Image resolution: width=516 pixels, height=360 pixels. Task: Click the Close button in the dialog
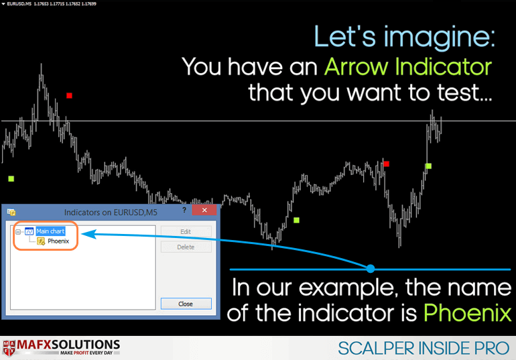pos(186,304)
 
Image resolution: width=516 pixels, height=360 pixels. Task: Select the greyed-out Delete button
pos(186,247)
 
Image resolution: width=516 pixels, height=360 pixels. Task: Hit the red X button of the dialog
pos(204,210)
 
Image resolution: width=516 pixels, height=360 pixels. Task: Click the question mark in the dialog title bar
pos(184,210)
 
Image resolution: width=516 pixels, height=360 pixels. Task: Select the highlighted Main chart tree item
pos(50,231)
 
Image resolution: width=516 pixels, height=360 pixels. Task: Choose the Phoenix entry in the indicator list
pos(58,241)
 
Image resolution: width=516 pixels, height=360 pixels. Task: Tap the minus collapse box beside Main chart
pos(18,232)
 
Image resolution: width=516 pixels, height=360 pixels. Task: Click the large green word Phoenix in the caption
pos(468,312)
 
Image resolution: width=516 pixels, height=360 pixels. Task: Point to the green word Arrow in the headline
pos(357,67)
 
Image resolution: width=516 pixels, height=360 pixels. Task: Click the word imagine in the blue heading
pos(440,37)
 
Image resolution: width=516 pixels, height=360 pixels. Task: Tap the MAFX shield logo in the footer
pos(9,348)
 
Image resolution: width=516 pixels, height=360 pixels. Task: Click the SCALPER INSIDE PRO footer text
pos(424,348)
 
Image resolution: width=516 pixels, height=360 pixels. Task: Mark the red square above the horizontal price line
pos(69,95)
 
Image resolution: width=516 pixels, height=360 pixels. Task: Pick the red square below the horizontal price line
pos(387,164)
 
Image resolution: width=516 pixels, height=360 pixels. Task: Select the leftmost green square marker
pos(11,179)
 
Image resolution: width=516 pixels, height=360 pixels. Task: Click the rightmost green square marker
pos(428,166)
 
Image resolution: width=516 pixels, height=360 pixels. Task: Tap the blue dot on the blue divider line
pos(371,269)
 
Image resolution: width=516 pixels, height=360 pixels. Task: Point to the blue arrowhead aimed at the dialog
pos(88,234)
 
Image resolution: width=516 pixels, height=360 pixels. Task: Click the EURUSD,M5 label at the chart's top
pos(19,3)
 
